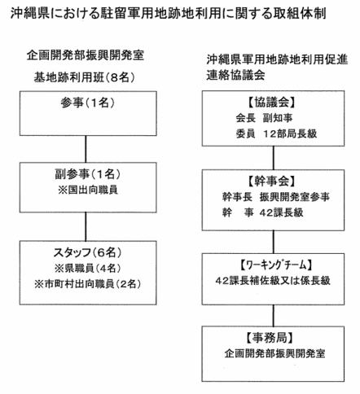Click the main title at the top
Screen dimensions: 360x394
(x=168, y=13)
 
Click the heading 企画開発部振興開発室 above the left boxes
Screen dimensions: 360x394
(x=85, y=55)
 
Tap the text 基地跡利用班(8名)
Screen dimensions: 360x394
(x=84, y=77)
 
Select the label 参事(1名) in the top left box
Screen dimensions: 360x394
(x=87, y=103)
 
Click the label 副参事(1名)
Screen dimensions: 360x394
(x=87, y=174)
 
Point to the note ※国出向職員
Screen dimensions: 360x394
(x=87, y=190)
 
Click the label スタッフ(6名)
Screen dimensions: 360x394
(x=87, y=253)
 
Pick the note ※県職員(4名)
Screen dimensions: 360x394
(x=87, y=269)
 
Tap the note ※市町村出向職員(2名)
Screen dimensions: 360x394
(x=87, y=284)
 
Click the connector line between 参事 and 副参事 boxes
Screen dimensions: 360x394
(x=86, y=149)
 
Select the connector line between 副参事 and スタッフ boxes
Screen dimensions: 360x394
(x=86, y=226)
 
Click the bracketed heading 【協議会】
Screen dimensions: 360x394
(x=272, y=103)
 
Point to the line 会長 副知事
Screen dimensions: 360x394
(x=264, y=118)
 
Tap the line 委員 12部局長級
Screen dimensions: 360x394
(x=276, y=134)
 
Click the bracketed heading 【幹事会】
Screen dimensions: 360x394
(x=272, y=182)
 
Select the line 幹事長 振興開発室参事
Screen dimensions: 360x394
(x=276, y=197)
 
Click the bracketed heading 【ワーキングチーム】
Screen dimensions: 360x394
(x=274, y=265)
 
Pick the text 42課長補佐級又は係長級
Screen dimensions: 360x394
(x=273, y=281)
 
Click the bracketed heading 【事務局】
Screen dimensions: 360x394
(x=270, y=338)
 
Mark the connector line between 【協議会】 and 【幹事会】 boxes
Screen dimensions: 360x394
(x=274, y=158)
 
